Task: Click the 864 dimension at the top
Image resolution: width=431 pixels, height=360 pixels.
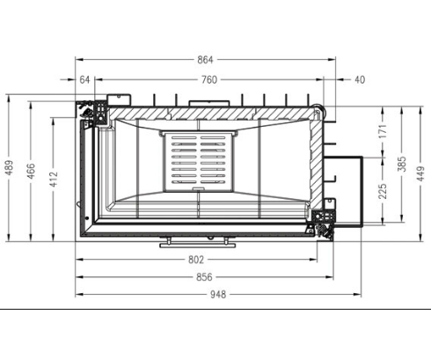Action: click(x=204, y=60)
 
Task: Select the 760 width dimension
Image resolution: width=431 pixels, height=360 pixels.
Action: click(x=208, y=79)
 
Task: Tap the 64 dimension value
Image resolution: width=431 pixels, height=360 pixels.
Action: click(x=85, y=79)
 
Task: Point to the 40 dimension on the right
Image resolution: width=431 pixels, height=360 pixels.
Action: click(x=359, y=79)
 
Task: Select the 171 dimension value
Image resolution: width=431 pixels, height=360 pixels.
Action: click(x=383, y=131)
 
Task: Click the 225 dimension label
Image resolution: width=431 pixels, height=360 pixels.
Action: click(x=383, y=191)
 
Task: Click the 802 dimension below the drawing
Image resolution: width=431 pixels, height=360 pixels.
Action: click(x=196, y=260)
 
